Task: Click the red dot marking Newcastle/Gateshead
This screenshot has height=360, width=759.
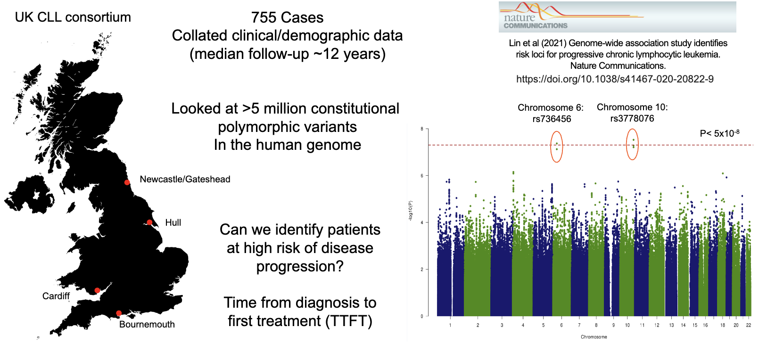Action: [127, 182]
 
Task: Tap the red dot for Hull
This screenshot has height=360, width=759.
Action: [149, 222]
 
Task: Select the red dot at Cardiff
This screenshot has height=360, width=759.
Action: [97, 290]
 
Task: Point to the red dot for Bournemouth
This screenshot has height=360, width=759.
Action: [119, 313]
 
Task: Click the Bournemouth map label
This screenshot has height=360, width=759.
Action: [147, 324]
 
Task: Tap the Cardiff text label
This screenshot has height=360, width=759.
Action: [56, 296]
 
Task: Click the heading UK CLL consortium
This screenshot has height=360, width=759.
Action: [73, 17]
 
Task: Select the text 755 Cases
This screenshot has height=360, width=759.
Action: [287, 17]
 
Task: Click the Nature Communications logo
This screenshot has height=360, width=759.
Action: [617, 17]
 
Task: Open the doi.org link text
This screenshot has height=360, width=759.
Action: [615, 79]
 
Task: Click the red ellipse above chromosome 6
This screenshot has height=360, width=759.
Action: [557, 146]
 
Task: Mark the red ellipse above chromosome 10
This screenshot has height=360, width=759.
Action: [632, 144]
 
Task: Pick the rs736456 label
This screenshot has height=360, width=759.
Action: [551, 119]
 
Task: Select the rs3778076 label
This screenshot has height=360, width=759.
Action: [632, 118]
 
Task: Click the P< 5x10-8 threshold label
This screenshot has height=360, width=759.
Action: [719, 133]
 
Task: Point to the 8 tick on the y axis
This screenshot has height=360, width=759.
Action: [421, 129]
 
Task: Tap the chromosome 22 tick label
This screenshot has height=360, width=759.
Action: [748, 325]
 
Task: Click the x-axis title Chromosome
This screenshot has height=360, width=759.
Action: [594, 337]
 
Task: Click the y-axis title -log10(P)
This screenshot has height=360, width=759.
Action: [410, 211]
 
